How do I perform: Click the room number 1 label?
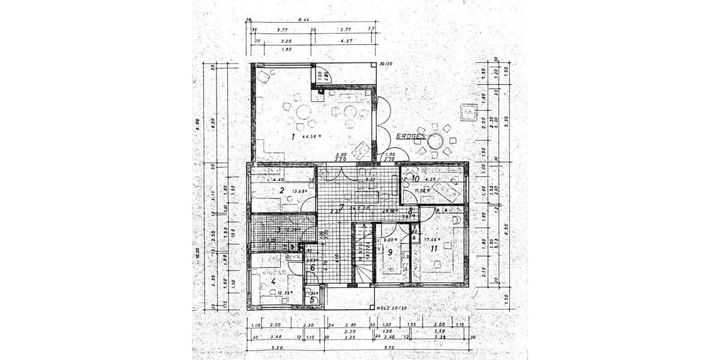(293, 137)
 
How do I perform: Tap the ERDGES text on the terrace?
(410, 136)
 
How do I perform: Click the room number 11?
(433, 247)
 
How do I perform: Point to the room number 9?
(389, 253)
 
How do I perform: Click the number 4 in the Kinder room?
(273, 281)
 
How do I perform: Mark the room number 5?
(313, 300)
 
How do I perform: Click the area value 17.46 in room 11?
(433, 239)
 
